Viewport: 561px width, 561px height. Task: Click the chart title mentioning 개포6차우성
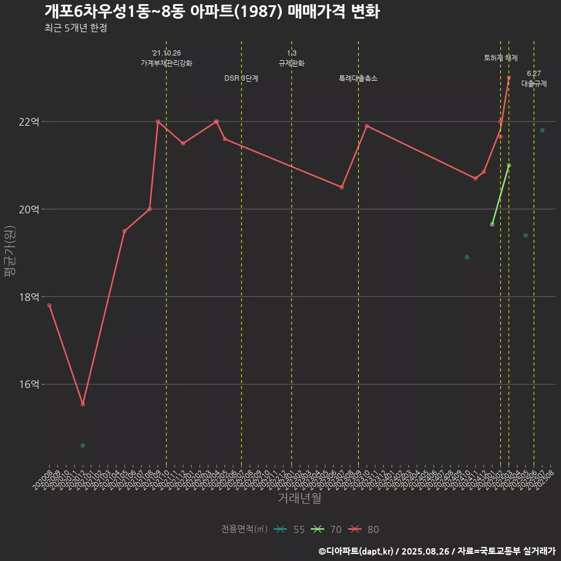(212, 12)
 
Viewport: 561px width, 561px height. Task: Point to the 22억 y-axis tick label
(29, 122)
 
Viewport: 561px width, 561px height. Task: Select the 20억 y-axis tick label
(29, 209)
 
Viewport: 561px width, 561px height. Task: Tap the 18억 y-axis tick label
(29, 297)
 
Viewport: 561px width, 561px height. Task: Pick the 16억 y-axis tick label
(29, 385)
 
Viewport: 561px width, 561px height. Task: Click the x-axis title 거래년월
(299, 498)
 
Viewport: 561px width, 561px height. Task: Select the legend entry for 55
(290, 529)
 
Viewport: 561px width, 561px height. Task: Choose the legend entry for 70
(327, 529)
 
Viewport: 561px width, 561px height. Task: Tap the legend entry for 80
(363, 529)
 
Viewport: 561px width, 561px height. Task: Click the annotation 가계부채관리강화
(167, 63)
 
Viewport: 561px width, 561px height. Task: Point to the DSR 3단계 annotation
(241, 78)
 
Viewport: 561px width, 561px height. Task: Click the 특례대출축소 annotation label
(358, 78)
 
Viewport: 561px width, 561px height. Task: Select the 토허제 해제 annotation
(501, 58)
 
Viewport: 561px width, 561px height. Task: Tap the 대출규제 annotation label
(534, 84)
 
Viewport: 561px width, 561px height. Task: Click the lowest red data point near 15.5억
(83, 404)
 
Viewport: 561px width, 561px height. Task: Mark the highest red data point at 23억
(509, 78)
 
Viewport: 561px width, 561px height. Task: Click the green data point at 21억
(509, 165)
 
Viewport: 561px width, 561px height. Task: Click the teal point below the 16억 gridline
(83, 445)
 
